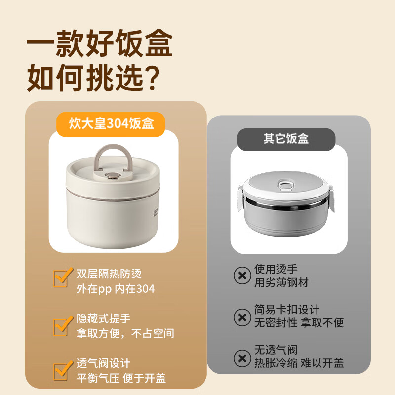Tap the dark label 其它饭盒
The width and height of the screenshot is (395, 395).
pos(286,139)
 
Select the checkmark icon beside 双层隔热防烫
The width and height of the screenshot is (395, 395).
pos(61,278)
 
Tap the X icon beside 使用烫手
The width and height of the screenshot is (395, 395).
pos(242,276)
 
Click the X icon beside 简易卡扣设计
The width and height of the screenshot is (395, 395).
pos(242,316)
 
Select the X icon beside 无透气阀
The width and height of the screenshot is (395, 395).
pos(242,356)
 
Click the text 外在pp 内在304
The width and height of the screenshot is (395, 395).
pos(116,289)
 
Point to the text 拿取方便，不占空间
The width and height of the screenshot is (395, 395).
pos(125,334)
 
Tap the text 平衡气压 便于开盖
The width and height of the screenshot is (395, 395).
pos(121,379)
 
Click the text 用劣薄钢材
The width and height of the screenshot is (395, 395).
pos(281,283)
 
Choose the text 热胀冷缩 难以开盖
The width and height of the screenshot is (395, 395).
pos(299,363)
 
